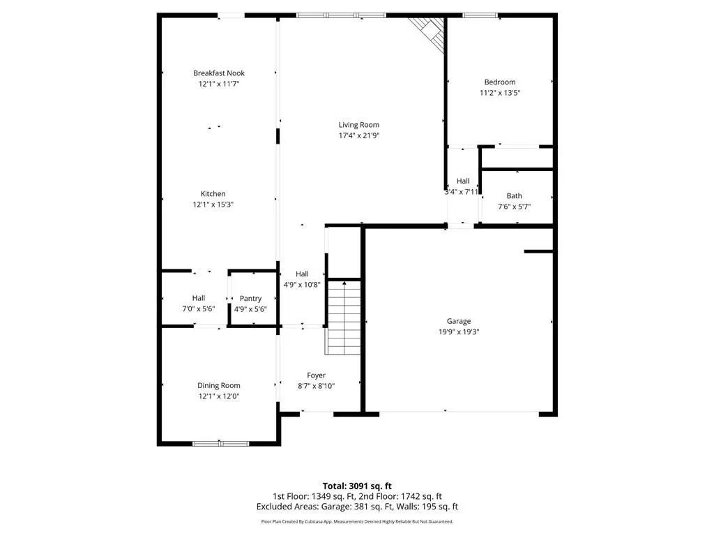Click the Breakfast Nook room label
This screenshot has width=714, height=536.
click(218, 73)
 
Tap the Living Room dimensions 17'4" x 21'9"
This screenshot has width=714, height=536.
click(359, 135)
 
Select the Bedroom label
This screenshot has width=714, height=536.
click(500, 82)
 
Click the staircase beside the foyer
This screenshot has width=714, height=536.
click(344, 318)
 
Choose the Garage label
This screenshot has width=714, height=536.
click(459, 321)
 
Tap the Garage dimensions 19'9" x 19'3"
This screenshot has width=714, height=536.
click(459, 332)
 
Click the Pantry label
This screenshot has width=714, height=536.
click(250, 299)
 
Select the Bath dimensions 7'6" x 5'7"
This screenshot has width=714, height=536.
click(514, 207)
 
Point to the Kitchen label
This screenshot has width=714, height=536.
click(213, 194)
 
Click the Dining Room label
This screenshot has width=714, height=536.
click(218, 385)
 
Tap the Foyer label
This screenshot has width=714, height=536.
click(316, 375)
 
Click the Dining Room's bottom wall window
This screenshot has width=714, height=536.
click(221, 443)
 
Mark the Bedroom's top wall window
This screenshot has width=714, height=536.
click(481, 15)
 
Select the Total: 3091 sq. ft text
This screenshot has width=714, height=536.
click(357, 486)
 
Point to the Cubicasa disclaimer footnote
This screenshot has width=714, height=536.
click(357, 521)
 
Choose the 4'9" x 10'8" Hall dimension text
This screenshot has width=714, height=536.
click(302, 285)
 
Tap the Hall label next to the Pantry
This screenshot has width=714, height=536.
click(199, 298)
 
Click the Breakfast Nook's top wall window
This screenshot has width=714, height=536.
click(231, 15)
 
